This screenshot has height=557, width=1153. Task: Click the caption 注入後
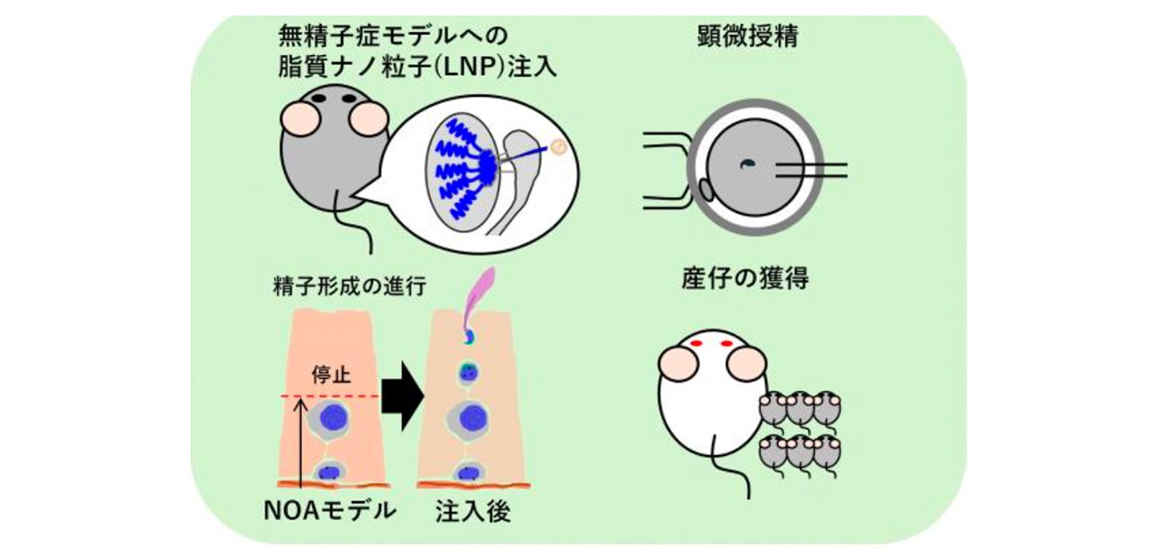473,512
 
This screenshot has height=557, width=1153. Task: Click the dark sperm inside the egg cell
748,162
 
